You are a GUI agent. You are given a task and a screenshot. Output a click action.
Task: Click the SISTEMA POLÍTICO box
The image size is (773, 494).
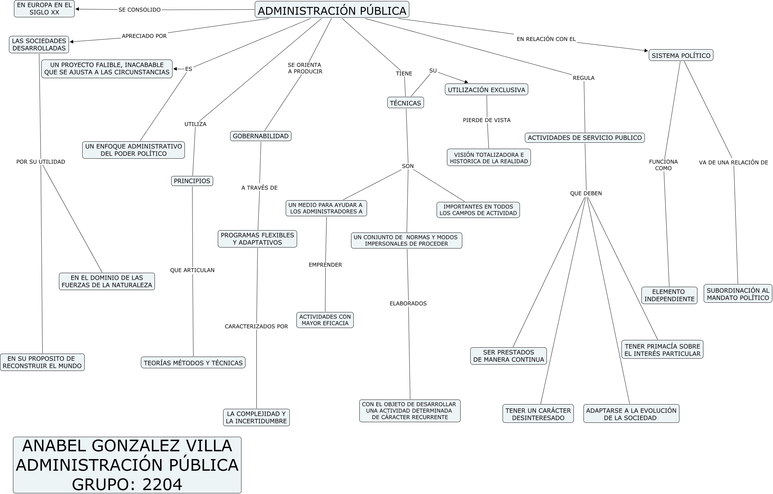(x=681, y=56)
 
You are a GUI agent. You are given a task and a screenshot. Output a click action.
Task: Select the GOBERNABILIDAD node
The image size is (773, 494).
(x=260, y=136)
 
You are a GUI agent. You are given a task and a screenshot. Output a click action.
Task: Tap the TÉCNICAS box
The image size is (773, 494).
(x=405, y=103)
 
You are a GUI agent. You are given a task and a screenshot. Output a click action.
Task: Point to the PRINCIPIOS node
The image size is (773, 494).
(x=192, y=181)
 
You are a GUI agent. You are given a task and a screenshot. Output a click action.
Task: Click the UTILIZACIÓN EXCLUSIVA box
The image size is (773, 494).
(x=486, y=90)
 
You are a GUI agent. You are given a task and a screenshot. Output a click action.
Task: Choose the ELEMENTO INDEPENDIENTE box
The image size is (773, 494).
(x=669, y=295)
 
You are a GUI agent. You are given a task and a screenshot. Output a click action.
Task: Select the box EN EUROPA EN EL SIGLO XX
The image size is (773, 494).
(x=44, y=9)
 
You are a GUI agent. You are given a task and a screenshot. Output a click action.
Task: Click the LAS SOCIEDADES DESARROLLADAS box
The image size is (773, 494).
(x=39, y=45)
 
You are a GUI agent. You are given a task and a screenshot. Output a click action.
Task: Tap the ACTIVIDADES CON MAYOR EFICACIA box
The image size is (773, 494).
(x=325, y=320)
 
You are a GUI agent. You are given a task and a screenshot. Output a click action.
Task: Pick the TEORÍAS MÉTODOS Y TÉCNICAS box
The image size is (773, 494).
(x=193, y=363)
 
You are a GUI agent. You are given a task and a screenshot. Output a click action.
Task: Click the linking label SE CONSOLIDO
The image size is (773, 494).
(x=140, y=10)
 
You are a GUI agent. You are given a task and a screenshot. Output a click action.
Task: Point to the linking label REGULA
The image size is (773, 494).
(x=583, y=78)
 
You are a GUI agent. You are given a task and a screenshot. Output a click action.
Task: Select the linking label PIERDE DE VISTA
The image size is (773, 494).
(x=487, y=120)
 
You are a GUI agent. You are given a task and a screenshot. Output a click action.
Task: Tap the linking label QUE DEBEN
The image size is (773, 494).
(x=586, y=193)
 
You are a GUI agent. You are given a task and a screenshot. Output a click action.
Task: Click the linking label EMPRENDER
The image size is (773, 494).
(x=325, y=265)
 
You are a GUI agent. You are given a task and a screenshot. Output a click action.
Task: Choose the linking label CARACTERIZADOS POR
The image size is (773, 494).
(x=256, y=326)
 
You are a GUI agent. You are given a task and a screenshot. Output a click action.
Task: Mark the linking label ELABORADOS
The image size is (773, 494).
(x=408, y=303)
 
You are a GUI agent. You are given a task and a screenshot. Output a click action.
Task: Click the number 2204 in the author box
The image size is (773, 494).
(x=162, y=484)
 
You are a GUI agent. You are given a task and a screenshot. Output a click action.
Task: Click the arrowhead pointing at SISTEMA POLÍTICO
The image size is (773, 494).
(x=646, y=51)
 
